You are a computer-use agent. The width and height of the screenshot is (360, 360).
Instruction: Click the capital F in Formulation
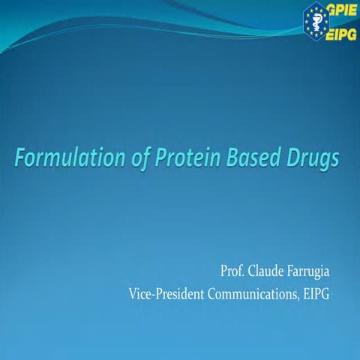click(x=22, y=158)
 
